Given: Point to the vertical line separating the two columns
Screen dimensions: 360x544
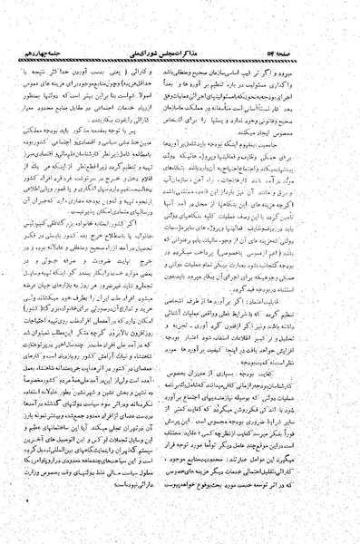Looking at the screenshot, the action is [180, 272].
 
